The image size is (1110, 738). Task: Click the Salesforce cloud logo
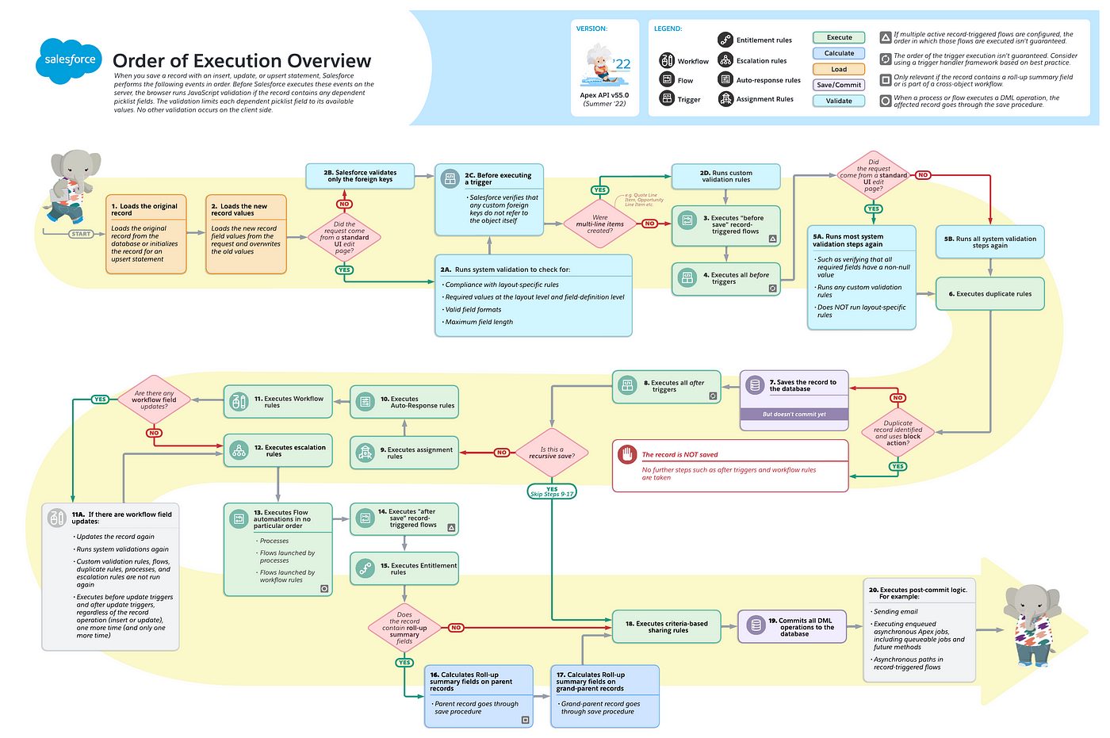coord(69,60)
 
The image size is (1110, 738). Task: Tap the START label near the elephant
coord(81,234)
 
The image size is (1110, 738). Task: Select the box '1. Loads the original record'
coord(147,234)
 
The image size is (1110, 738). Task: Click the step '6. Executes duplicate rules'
coord(989,294)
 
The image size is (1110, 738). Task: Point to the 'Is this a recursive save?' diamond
coord(552,453)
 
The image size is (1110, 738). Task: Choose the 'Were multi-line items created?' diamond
coord(600,224)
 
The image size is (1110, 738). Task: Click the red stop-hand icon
coord(628,454)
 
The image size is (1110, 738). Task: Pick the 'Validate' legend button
coord(839,101)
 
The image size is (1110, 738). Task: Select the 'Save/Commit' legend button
coord(839,85)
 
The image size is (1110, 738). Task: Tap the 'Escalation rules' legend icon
coord(725,60)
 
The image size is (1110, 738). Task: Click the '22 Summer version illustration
coord(604,67)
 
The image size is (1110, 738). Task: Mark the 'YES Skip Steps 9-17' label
coord(552,491)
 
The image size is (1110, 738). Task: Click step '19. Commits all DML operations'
coord(793,626)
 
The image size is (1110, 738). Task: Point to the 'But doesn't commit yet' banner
coord(794,414)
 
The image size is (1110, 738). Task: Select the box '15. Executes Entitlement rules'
coord(404,568)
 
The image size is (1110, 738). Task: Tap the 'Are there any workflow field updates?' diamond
coord(154,400)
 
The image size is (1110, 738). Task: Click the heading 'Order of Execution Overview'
coord(242,61)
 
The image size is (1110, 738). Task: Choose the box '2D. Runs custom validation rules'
coord(725,176)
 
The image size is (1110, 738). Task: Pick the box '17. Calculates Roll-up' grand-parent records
coord(604,695)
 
